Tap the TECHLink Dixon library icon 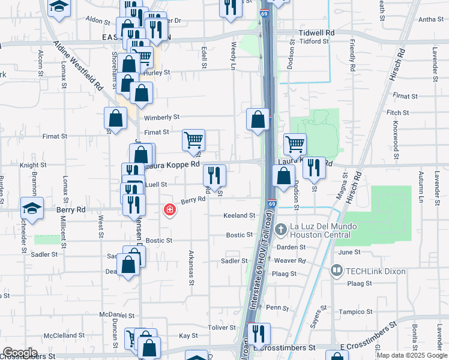click(x=336, y=271)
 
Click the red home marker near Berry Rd click(x=170, y=209)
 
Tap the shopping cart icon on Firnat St click(x=193, y=142)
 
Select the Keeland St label click(x=240, y=215)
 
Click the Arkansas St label click(x=192, y=265)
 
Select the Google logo click(x=20, y=353)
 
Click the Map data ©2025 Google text click(x=412, y=355)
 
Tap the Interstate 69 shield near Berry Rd click(x=272, y=204)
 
